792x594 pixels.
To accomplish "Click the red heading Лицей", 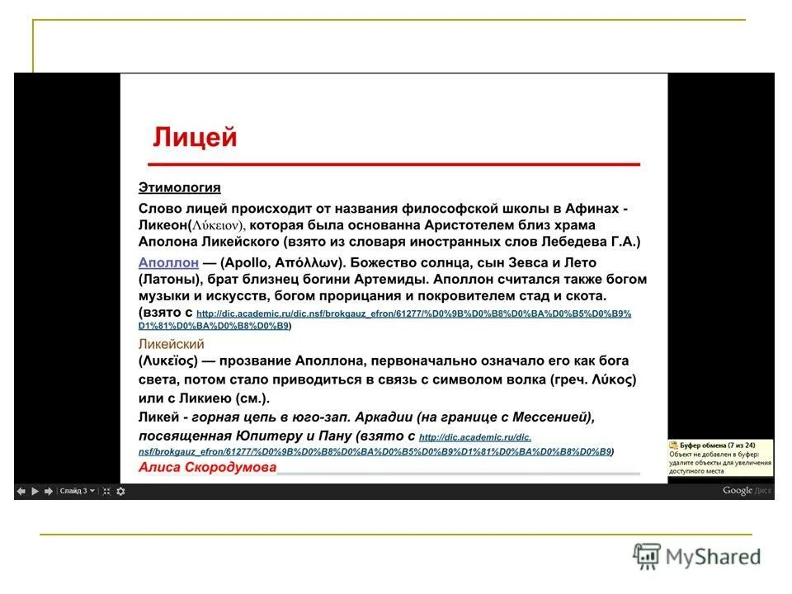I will click(194, 137).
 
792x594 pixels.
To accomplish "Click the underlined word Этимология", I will click(179, 188).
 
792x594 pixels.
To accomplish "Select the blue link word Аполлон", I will click(168, 262).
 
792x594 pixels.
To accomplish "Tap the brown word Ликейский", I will click(171, 344).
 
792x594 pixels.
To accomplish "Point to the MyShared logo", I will click(697, 557).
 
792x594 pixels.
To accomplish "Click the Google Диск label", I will click(747, 490).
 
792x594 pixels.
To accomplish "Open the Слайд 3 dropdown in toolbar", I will click(76, 491).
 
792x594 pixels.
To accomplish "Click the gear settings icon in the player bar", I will click(120, 491).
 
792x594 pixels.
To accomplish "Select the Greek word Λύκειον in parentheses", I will click(216, 225).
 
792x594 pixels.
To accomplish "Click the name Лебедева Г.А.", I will click(598, 243).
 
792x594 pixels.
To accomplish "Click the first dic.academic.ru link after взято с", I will click(412, 314).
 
